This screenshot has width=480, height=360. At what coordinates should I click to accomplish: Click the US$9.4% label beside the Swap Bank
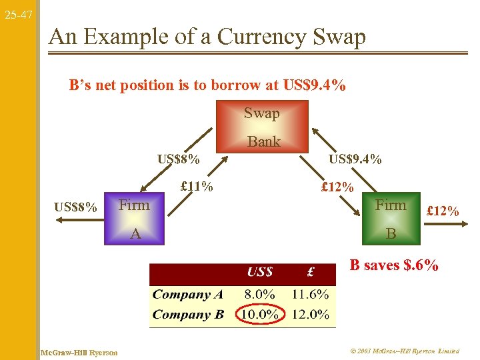[355, 159]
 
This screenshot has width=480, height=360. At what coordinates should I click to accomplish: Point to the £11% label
[197, 186]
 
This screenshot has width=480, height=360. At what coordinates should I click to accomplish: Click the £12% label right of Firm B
[443, 211]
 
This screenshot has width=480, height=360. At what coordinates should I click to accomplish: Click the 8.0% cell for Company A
[259, 294]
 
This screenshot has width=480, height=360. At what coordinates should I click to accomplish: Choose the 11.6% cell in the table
[310, 294]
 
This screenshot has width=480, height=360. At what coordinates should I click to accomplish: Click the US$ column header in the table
[259, 272]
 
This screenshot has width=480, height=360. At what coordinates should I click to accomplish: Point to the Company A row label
[189, 294]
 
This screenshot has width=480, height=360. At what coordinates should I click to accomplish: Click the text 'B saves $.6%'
[394, 265]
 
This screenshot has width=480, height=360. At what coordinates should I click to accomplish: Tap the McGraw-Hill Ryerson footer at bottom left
[79, 352]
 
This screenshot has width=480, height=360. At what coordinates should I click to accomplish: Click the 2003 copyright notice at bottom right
[403, 351]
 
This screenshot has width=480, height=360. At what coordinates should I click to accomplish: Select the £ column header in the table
[310, 272]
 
